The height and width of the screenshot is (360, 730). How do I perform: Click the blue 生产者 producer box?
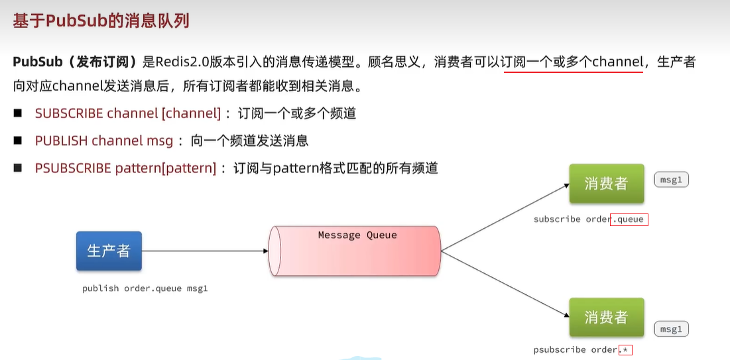point(109,251)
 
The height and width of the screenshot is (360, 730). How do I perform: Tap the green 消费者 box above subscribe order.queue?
point(606,184)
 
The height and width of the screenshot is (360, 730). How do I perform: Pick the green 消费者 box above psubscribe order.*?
point(606,317)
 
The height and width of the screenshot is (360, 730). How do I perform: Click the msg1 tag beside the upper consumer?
point(671,180)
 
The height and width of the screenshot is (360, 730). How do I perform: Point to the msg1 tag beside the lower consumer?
point(671,329)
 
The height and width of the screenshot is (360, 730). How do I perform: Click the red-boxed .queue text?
point(629,219)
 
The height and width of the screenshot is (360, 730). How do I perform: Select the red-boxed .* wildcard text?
point(625,349)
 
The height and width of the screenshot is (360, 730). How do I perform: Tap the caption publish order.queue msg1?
point(145,288)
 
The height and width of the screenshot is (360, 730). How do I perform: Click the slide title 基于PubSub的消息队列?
point(101,21)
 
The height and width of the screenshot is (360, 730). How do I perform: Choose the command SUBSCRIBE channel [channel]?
point(127,113)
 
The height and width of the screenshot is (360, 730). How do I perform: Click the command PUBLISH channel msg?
point(103,141)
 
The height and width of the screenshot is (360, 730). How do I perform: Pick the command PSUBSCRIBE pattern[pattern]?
point(125,168)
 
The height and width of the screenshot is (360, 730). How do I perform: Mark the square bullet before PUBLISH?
point(18,141)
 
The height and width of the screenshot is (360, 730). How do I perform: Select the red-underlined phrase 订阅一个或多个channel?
point(573,62)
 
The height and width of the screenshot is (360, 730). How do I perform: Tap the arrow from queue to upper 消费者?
point(504,218)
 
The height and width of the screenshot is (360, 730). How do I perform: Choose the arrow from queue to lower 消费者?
point(504,283)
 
